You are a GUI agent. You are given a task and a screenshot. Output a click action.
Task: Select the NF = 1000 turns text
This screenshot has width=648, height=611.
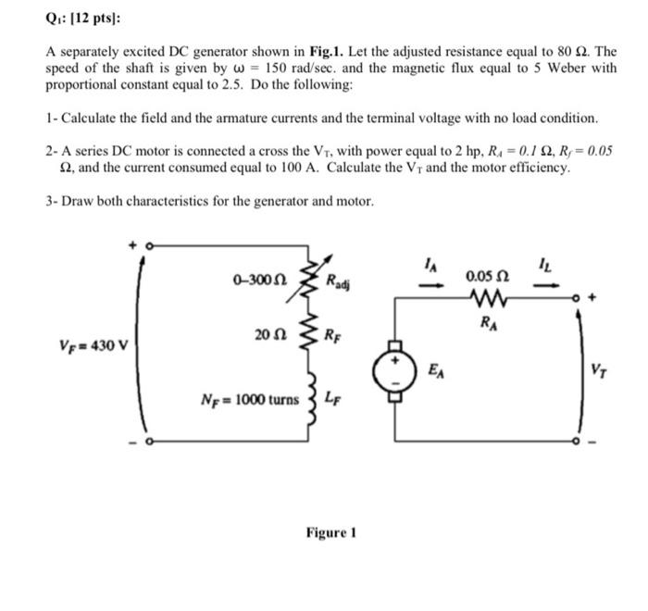[x=250, y=401]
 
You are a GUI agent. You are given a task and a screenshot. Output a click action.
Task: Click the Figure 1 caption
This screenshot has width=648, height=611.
[x=330, y=533]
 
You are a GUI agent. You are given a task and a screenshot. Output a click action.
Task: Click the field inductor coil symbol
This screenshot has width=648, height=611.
[x=314, y=400]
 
